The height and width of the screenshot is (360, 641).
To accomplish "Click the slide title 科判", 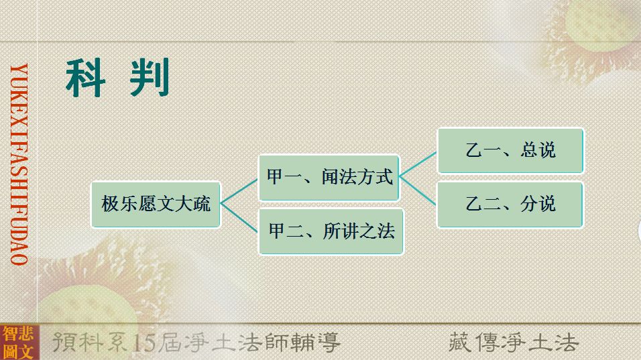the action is tap(117, 78).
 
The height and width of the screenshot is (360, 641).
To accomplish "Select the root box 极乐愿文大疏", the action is tap(156, 204).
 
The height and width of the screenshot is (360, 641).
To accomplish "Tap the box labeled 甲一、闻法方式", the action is tap(329, 178).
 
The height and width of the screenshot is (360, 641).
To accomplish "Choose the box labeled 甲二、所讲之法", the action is tap(331, 231).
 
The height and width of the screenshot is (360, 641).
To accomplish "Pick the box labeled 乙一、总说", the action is tap(510, 150).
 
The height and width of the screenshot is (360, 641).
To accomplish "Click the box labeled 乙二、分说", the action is tap(510, 204).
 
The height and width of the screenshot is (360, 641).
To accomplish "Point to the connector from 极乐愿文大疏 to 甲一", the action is tap(239, 191).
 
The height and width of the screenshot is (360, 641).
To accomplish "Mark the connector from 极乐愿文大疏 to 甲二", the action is tap(239, 217).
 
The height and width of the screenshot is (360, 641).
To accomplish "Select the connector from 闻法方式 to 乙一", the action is tap(418, 164).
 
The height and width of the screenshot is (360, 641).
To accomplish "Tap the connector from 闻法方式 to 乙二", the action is tap(418, 191).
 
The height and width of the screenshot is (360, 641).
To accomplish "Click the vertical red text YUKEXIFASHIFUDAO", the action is tap(19, 164).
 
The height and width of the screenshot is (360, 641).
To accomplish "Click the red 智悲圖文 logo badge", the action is tap(19, 343).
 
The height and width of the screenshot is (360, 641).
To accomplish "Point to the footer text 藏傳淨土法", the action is tap(514, 343).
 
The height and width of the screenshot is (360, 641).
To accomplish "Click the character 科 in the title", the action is tap(84, 78).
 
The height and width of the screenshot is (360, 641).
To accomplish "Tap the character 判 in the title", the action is tap(150, 78).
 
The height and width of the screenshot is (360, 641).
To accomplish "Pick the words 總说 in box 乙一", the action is tap(538, 150).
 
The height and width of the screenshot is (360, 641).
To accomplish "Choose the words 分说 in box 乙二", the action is tap(538, 204).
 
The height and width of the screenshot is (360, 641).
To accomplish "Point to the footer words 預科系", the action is tap(92, 343).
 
